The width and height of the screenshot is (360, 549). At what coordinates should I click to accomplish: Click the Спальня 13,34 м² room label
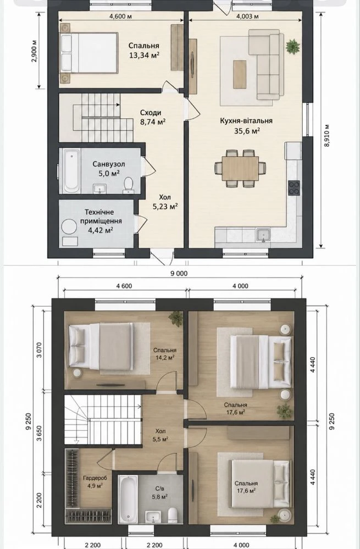coord(144,50)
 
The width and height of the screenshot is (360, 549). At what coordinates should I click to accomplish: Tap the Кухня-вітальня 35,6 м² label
coord(246,126)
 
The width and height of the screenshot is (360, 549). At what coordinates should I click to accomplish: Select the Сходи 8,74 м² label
coord(152,117)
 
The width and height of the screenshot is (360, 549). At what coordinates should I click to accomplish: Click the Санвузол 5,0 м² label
coord(109,168)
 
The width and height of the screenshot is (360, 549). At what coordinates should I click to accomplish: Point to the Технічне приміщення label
coord(101,217)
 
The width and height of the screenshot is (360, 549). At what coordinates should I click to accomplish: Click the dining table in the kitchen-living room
coord(240,168)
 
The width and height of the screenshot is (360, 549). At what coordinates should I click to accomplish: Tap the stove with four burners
coord(294,187)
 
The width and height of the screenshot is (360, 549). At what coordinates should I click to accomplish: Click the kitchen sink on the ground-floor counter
coord(263,235)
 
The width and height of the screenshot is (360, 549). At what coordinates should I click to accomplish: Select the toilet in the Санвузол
coord(128,185)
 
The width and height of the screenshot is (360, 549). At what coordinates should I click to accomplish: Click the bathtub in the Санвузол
coord(71,170)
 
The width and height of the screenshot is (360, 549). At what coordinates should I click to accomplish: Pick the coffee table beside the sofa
coord(240,74)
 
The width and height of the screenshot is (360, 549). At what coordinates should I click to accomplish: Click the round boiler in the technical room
coord(69,227)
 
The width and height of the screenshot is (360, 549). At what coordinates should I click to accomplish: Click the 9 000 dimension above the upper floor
coord(179,274)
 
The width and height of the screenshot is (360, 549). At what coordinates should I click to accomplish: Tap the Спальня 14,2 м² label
coord(164,354)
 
